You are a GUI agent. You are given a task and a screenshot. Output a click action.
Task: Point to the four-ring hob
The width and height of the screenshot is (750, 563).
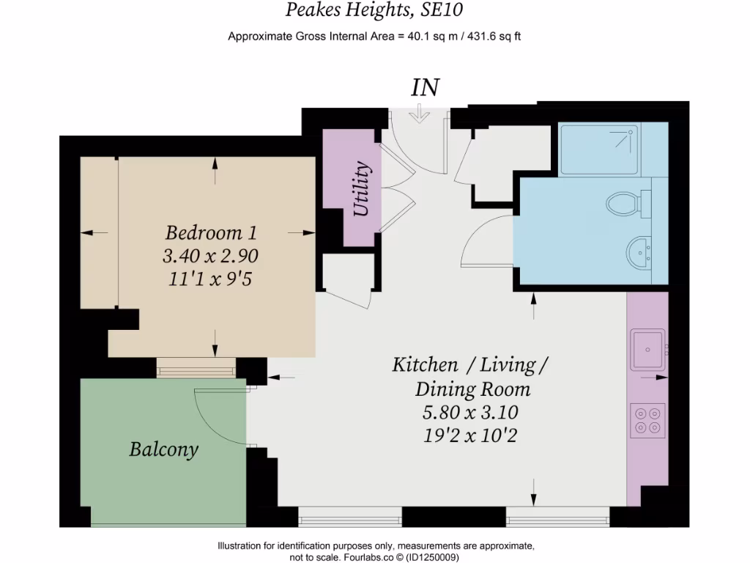click(648, 420)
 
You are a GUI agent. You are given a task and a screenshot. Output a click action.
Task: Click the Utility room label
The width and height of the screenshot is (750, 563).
click(362, 189)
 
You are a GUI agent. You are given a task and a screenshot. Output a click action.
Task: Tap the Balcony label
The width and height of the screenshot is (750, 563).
click(164, 449)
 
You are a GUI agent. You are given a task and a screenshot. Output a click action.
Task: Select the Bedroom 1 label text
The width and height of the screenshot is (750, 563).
click(211, 233)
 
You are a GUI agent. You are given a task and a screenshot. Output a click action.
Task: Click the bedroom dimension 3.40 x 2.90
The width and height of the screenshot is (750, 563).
click(211, 256)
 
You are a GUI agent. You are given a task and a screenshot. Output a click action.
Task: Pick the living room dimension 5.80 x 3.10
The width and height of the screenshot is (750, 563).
click(470, 412)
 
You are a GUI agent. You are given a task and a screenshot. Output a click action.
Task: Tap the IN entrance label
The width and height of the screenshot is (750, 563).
click(425, 87)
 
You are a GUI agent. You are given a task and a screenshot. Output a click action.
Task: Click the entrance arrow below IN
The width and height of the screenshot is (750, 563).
click(420, 114)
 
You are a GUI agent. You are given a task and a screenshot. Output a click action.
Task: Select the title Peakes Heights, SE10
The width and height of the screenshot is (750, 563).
click(374, 10)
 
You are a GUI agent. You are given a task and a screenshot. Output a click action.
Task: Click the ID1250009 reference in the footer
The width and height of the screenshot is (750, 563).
click(433, 557)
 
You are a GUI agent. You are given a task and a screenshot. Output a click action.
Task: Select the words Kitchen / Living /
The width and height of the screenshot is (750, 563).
click(470, 364)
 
